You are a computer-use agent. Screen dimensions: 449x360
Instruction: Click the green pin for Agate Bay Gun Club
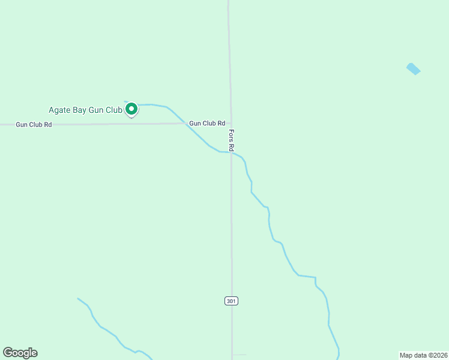tap(131, 109)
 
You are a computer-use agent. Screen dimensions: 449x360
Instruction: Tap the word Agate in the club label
tap(59, 110)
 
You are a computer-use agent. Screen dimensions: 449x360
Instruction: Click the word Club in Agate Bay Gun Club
tap(115, 110)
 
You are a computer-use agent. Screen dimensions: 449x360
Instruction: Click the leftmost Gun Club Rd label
tap(34, 125)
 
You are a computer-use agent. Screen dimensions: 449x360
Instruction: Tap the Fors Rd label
tap(231, 140)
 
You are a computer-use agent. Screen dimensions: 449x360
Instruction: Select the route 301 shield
tap(232, 301)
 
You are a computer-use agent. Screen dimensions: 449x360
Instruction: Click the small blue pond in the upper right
tap(413, 69)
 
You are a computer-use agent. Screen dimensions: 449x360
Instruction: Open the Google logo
tap(20, 353)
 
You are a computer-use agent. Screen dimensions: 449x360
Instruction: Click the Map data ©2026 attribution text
tap(423, 355)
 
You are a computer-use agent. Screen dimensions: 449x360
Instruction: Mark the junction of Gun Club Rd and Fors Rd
tap(231, 123)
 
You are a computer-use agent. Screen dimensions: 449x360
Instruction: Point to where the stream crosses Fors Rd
tap(231, 152)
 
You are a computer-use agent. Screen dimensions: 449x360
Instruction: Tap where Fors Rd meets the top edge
tap(229, 2)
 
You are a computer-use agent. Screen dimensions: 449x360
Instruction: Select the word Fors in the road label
tap(231, 135)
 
